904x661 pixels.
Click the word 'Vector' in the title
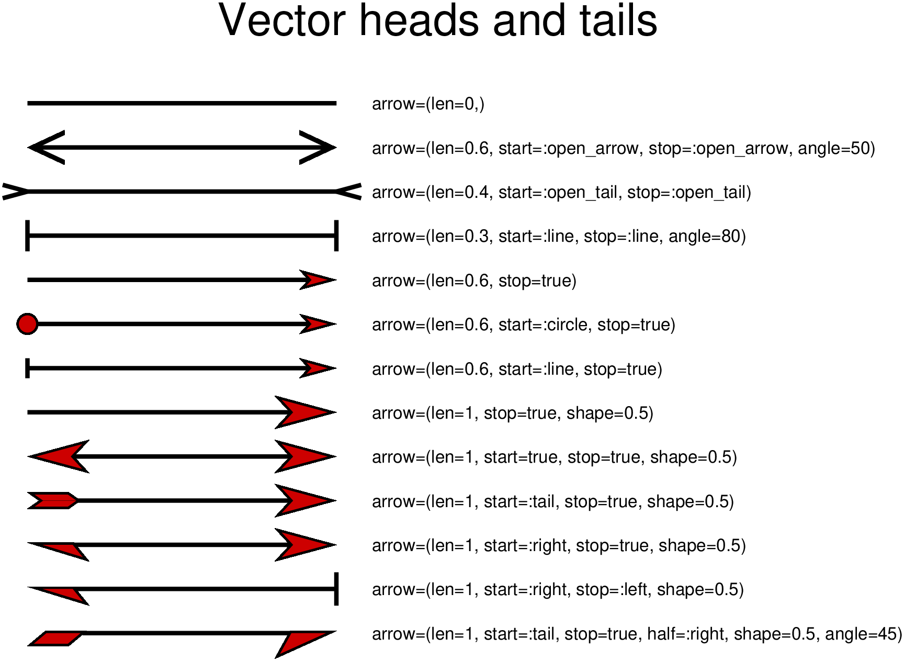282,21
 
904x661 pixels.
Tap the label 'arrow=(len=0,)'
428,104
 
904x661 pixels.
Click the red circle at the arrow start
27,324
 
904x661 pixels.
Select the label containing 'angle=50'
623,148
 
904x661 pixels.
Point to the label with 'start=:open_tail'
561,192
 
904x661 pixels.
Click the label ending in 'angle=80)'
559,236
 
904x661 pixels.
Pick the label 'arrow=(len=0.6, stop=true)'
474,281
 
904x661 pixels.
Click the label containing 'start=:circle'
524,324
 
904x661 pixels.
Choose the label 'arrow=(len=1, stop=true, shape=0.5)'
513,413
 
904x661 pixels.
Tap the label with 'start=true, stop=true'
555,457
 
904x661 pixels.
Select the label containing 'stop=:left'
558,589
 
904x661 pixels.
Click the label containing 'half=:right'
637,634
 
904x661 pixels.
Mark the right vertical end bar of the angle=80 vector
336,236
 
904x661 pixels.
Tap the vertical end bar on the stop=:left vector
336,589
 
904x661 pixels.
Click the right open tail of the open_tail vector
348,192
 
